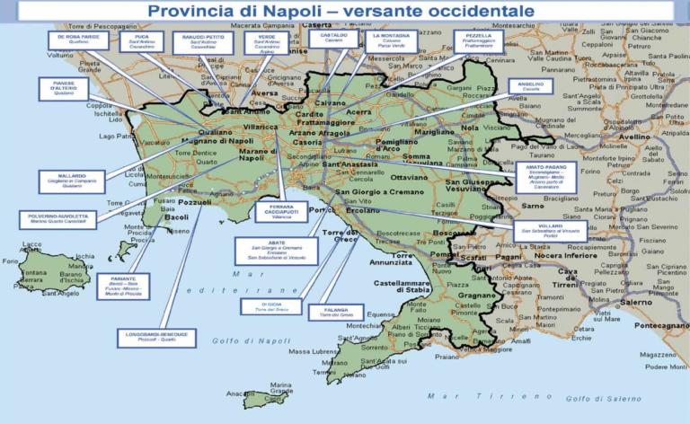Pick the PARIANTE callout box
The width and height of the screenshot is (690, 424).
click(x=123, y=286)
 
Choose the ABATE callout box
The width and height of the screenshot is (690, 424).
click(x=276, y=251)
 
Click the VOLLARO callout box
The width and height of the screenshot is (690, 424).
click(x=551, y=231)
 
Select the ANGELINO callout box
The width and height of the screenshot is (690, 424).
click(x=531, y=86)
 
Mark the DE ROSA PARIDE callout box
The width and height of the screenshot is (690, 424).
click(x=78, y=40)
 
